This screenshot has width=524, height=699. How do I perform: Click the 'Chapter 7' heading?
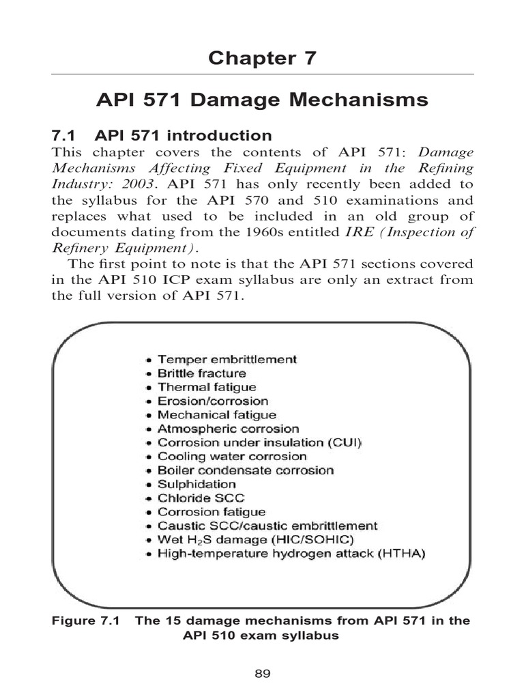point(262,58)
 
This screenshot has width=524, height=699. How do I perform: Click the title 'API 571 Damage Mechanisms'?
point(262,101)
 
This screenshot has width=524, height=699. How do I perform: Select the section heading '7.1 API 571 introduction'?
point(162,135)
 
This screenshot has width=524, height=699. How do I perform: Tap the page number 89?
point(263,674)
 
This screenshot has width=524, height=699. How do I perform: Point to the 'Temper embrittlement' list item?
point(227,359)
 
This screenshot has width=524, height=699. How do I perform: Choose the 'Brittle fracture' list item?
point(202,373)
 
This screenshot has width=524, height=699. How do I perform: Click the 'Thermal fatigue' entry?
point(207,387)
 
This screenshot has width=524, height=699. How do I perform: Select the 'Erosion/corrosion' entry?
point(213,401)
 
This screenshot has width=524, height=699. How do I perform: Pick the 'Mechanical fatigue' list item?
point(217,415)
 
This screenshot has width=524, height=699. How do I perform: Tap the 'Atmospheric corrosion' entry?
point(229,429)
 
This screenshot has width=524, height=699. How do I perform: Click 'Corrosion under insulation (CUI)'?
point(260,442)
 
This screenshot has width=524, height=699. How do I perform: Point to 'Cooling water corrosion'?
point(232,457)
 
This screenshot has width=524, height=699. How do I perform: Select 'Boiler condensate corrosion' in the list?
point(246,470)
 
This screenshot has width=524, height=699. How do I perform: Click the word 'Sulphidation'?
point(197,484)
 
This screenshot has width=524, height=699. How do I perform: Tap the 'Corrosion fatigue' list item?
point(212,512)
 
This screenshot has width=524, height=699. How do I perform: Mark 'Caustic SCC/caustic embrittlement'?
point(267,526)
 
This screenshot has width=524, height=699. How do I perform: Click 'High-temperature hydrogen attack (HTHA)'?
point(291,554)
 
